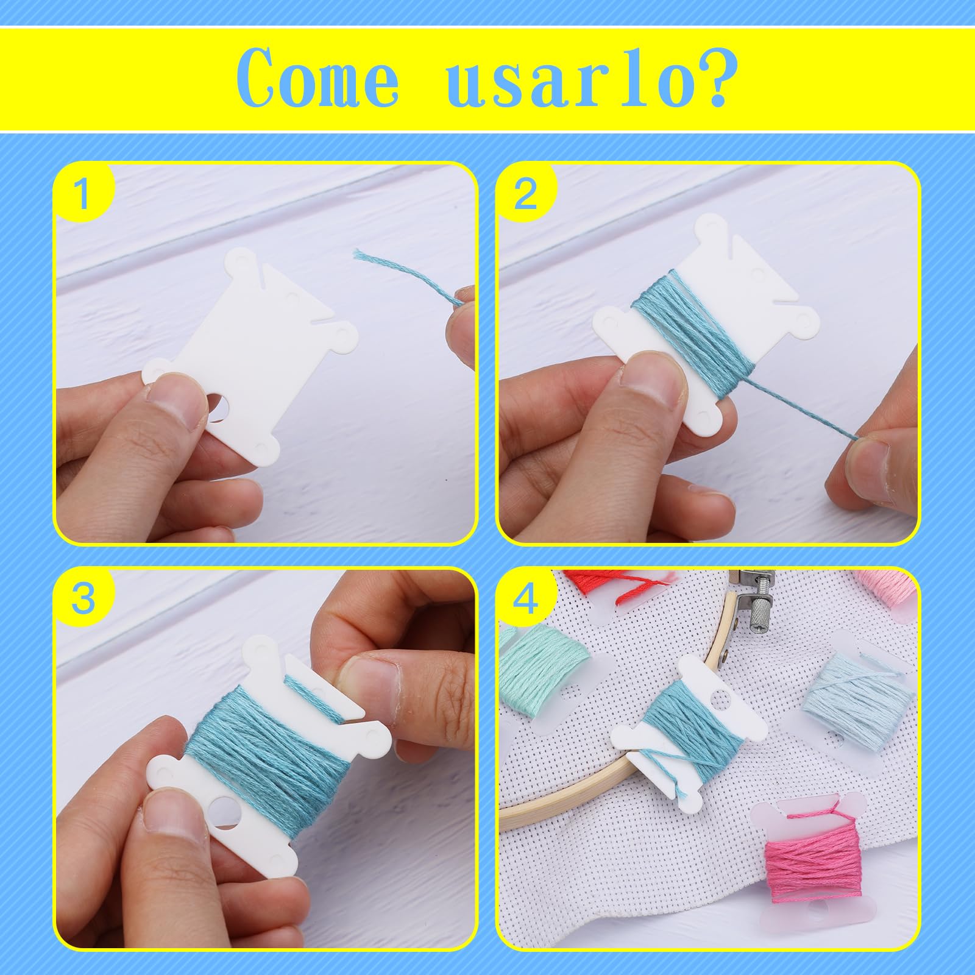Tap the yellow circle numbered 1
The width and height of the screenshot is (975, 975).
[82, 194]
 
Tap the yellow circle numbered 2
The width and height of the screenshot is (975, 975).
[525, 194]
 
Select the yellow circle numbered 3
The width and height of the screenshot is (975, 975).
[82, 598]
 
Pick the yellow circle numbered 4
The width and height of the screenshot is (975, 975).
[525, 598]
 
